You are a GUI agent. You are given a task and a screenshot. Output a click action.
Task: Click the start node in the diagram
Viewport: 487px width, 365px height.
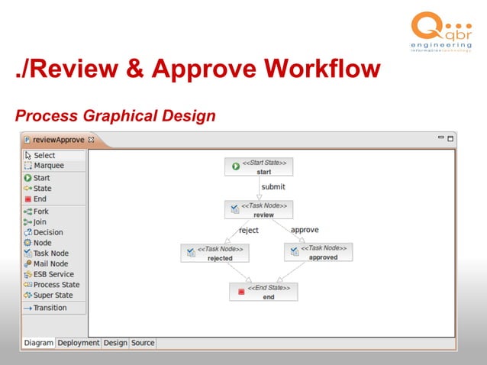pos(259,166)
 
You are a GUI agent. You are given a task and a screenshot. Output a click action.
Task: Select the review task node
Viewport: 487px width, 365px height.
pos(259,210)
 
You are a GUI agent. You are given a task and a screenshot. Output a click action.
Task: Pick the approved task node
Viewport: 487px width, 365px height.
pos(318,253)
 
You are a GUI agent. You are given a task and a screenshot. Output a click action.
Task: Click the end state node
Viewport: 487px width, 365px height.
pos(263,292)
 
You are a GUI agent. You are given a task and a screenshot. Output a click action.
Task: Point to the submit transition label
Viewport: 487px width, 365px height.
pos(273,186)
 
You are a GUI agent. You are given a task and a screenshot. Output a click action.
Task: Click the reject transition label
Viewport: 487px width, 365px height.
pos(249,230)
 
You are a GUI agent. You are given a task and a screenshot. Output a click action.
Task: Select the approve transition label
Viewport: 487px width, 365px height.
pos(305,230)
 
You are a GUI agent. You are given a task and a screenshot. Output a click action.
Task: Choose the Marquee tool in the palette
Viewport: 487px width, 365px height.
pos(48,166)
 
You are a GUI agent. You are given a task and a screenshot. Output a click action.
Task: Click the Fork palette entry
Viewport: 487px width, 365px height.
pos(40,211)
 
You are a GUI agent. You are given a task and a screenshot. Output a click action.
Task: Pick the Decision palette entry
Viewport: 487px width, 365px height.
pos(47,232)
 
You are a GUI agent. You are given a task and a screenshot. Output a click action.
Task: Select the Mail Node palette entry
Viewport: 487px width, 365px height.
pos(50,264)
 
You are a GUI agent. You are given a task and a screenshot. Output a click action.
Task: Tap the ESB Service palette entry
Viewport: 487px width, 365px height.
pos(53,274)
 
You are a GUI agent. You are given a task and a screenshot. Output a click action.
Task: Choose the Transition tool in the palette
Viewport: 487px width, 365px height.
pos(50,308)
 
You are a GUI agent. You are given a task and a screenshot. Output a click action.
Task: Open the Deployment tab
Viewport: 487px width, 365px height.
pos(79,344)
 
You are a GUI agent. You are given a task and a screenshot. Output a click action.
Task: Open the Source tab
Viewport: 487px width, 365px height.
pos(143,344)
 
